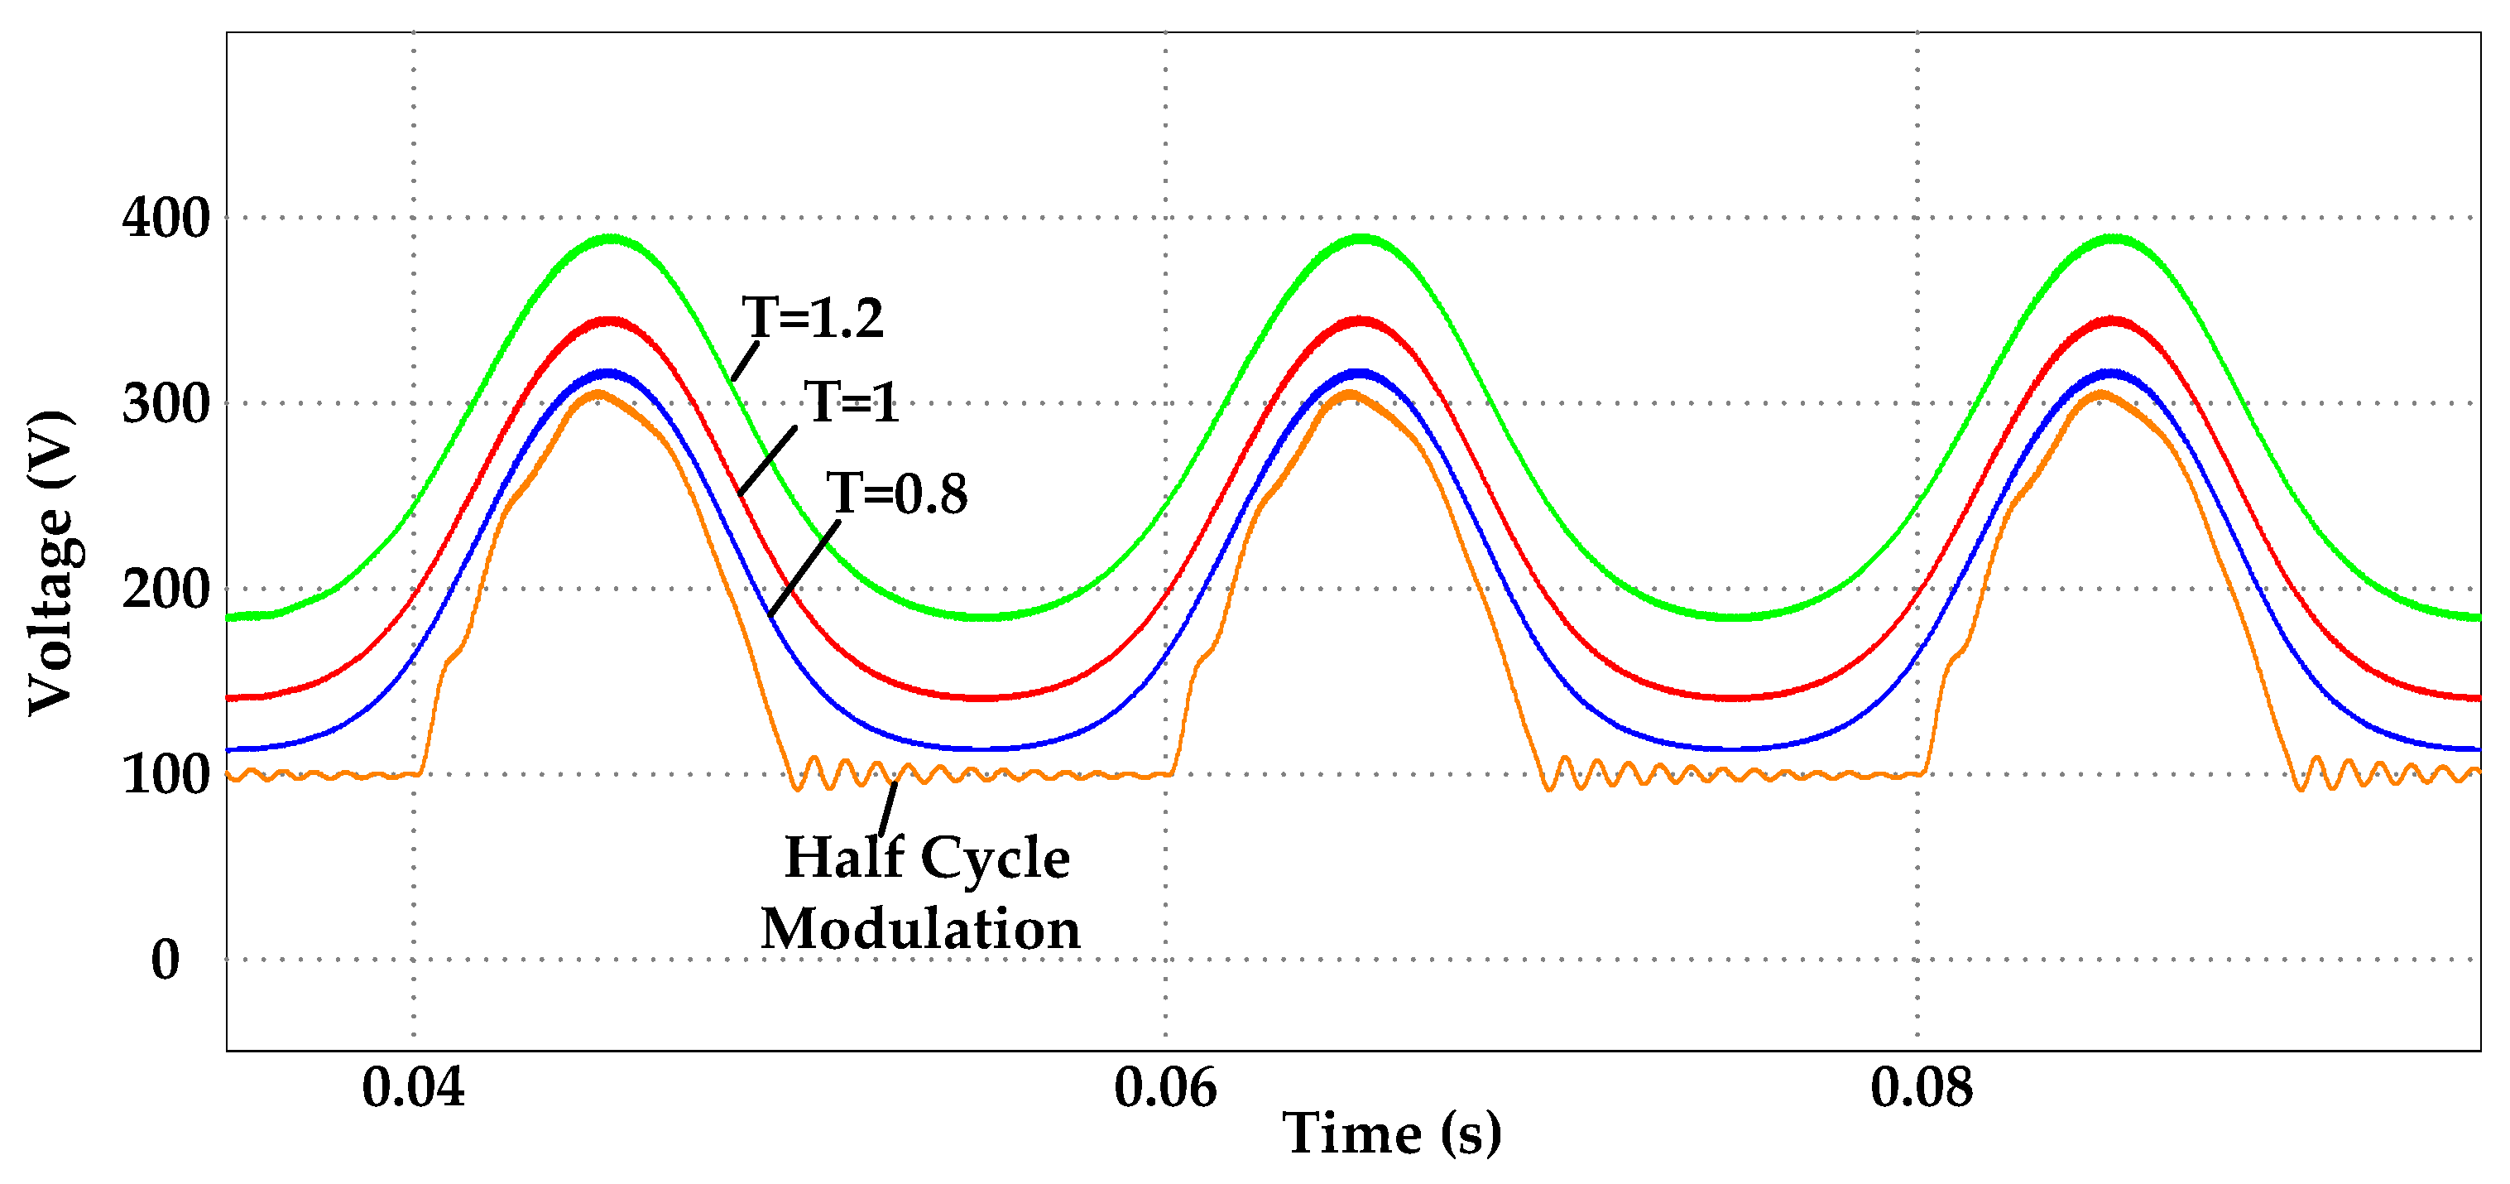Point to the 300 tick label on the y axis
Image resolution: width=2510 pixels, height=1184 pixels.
click(166, 403)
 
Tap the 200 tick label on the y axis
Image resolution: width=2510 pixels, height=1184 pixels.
click(166, 589)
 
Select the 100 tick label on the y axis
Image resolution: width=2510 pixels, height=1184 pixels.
click(166, 775)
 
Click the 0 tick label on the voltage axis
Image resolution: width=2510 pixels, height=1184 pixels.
click(166, 960)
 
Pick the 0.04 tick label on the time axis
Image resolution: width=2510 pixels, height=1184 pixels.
click(413, 1086)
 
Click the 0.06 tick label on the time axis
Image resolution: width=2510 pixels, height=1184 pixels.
click(1165, 1086)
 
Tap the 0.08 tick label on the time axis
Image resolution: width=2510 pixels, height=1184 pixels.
click(1922, 1086)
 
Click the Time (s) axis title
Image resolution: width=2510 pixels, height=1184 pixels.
click(1391, 1133)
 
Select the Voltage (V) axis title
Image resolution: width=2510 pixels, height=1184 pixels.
click(50, 563)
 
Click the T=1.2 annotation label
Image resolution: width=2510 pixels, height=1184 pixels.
click(813, 318)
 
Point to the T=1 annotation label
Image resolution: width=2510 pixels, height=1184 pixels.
click(851, 402)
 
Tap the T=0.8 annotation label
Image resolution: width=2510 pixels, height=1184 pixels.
click(896, 493)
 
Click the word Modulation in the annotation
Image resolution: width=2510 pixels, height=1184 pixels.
click(919, 929)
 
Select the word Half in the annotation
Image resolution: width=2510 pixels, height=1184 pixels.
click(844, 858)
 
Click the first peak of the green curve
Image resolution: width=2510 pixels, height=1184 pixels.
click(611, 238)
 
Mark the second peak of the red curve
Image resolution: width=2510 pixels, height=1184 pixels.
click(1361, 320)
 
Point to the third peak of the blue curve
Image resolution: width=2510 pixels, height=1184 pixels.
click(2111, 373)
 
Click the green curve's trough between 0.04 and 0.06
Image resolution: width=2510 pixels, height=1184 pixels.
click(984, 617)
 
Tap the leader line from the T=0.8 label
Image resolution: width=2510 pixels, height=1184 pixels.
click(804, 570)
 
